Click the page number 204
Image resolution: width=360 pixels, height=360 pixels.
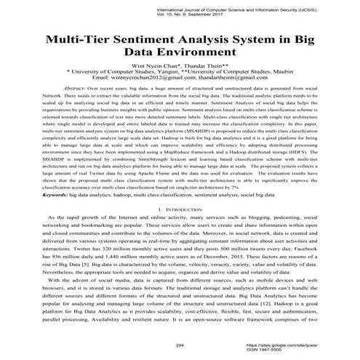[x=180, y=345]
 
